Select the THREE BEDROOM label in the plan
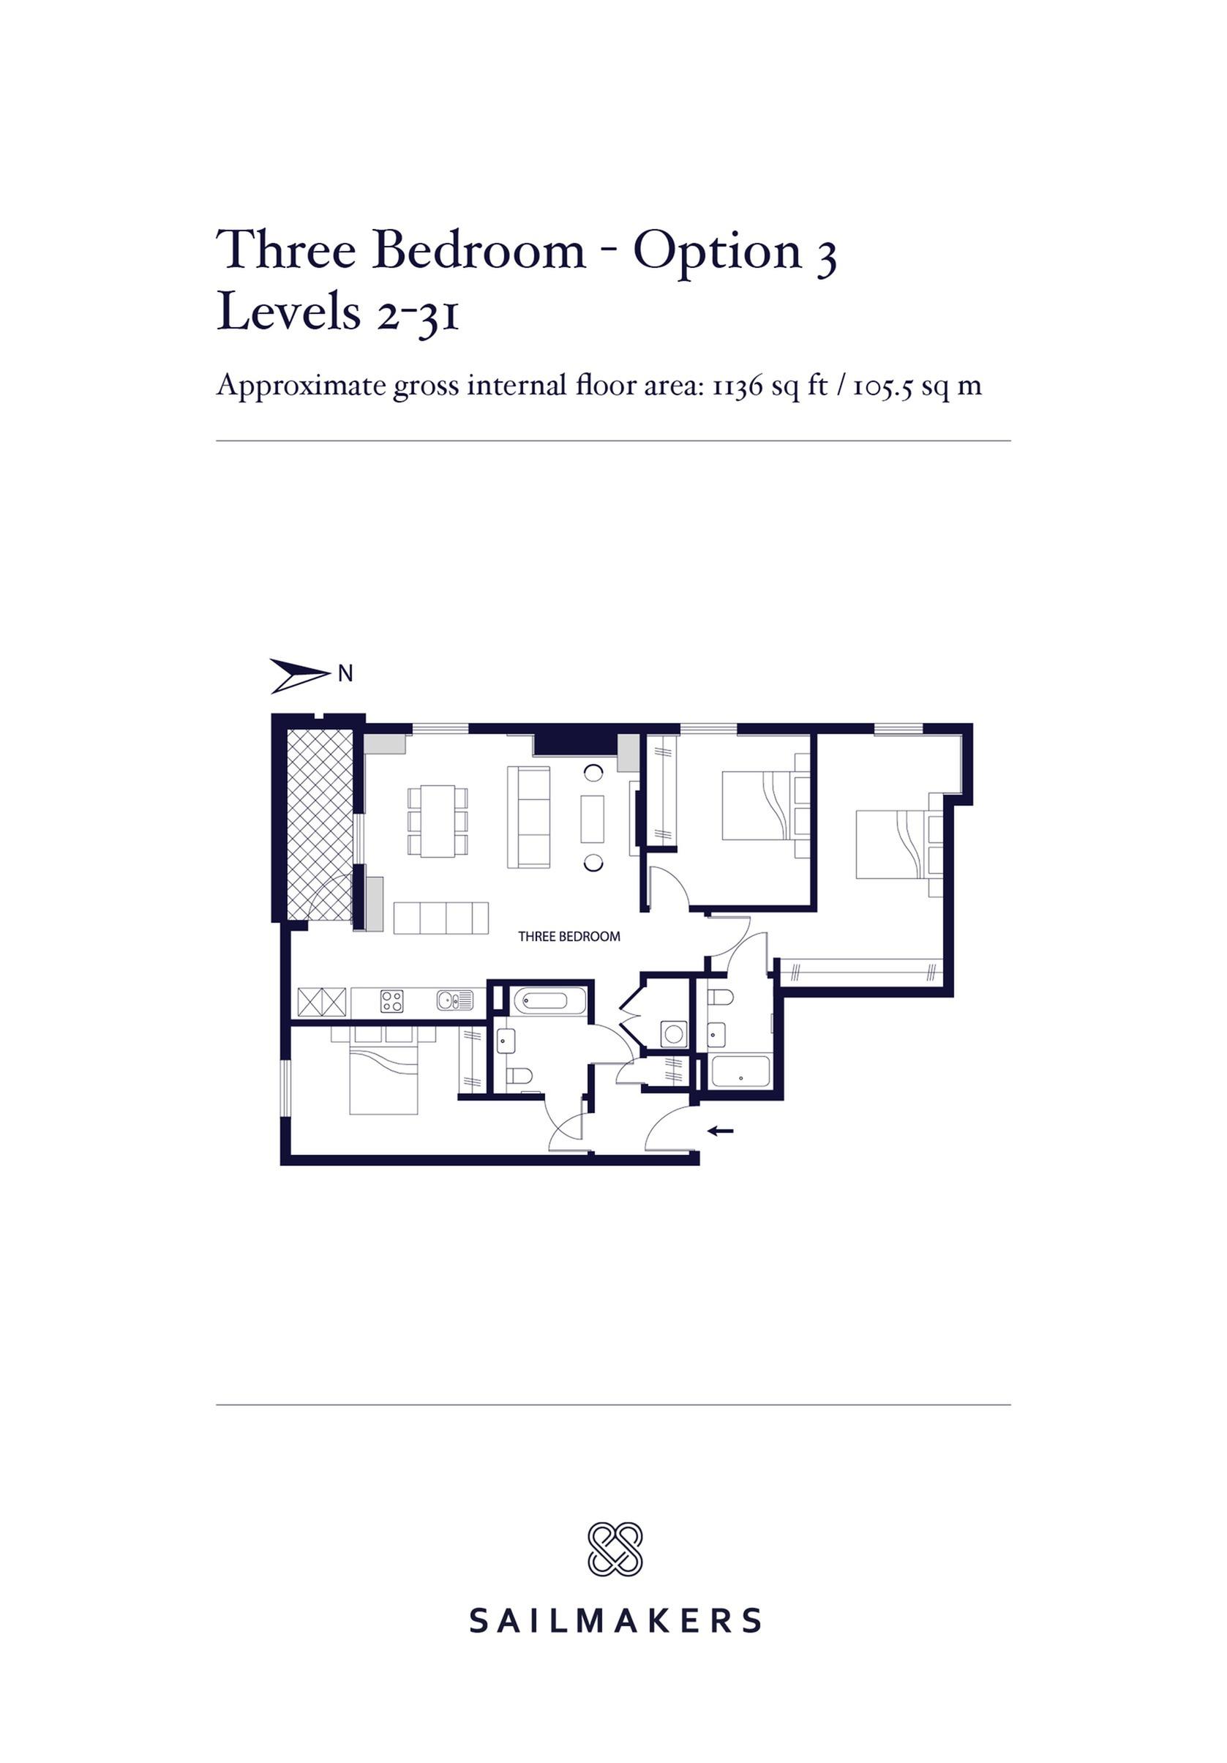(569, 936)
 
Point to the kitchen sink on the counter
(454, 1000)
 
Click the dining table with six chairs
(438, 821)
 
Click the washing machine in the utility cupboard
(674, 1034)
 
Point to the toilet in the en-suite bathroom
(720, 997)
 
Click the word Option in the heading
(717, 252)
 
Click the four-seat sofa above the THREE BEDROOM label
(441, 918)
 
